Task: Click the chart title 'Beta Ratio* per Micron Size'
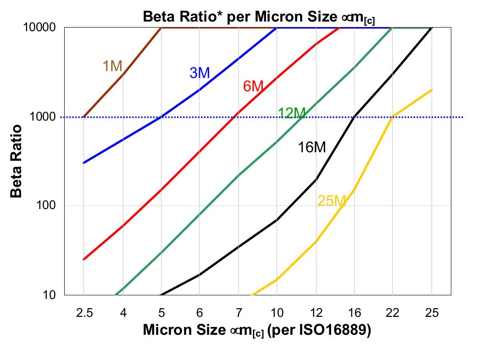pos(259,17)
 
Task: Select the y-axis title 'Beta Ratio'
pos(17,160)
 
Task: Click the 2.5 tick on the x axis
pos(83,313)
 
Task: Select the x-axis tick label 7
pos(238,313)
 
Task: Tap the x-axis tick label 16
pos(354,313)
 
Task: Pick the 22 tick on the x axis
pos(393,313)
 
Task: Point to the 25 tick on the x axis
pos(432,313)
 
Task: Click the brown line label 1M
pos(112,66)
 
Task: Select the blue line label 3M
pos(200,72)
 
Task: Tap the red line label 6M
pos(253,86)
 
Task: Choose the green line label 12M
pos(291,113)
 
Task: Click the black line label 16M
pos(311,148)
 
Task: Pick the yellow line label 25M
pos(331,200)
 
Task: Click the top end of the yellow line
pos(432,90)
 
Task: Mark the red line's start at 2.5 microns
pos(83,260)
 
